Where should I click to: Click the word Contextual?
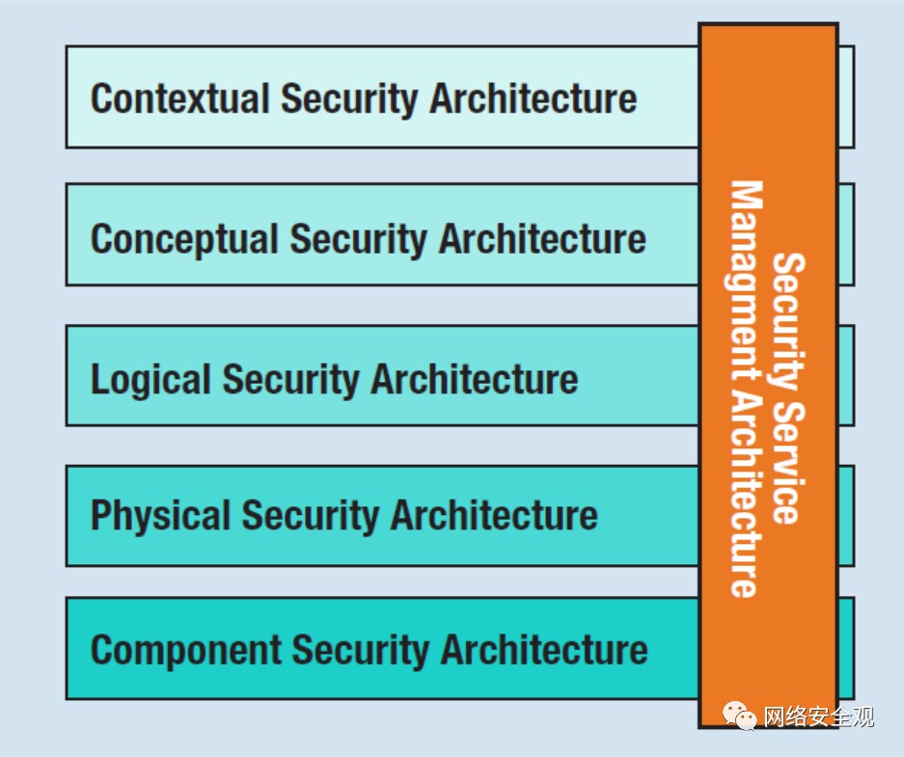point(179,98)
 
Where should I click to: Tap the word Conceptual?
point(184,239)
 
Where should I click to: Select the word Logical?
point(151,380)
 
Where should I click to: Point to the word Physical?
point(161,515)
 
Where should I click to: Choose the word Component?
point(185,650)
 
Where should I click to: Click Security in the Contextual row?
point(349,99)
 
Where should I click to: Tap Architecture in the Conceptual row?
point(542,238)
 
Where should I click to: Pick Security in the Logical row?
point(291,380)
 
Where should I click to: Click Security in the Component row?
point(361,651)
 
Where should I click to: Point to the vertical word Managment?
point(744,282)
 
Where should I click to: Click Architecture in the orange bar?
point(744,495)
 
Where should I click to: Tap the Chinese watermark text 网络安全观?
point(819,716)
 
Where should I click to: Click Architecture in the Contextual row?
point(534,98)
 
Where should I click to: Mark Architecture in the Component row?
point(545,650)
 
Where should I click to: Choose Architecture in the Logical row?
point(475,379)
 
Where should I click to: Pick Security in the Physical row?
point(311,516)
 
